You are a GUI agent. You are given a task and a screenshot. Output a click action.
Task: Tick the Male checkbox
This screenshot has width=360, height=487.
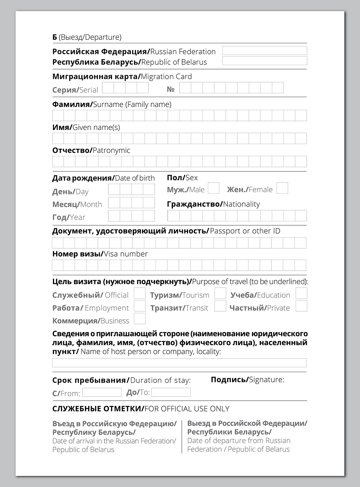click(214, 188)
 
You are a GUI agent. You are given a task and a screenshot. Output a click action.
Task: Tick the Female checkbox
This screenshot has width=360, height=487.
click(282, 188)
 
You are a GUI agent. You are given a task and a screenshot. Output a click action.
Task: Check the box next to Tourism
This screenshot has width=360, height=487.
click(220, 293)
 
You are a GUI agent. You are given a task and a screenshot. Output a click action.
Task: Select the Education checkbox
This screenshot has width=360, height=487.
click(301, 293)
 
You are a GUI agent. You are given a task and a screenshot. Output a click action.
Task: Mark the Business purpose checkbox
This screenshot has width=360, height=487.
click(140, 319)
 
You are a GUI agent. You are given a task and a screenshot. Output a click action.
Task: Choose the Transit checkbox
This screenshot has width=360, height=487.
click(220, 306)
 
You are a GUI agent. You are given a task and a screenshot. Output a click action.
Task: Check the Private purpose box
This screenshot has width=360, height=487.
click(301, 306)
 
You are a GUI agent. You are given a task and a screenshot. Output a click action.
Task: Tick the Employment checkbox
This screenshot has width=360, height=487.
click(140, 306)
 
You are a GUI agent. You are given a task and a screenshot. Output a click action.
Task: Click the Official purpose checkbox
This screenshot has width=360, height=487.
click(140, 293)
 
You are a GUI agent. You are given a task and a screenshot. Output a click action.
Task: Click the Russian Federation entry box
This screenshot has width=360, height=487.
click(265, 50)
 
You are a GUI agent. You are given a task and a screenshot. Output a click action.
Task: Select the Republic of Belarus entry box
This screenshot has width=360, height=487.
click(265, 60)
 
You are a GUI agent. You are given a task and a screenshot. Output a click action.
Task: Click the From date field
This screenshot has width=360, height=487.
click(102, 392)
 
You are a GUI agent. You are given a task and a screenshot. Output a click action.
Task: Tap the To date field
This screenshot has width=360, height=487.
click(171, 392)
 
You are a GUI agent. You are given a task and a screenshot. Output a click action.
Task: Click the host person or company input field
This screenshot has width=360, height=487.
click(179, 362)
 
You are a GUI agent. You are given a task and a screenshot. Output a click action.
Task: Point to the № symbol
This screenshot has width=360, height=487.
click(171, 89)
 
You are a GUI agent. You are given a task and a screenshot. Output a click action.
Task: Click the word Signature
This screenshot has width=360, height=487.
click(266, 379)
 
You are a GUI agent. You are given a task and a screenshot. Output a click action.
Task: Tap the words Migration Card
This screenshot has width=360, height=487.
click(166, 76)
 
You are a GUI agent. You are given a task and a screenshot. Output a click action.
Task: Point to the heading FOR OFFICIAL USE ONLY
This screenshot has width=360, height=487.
click(187, 409)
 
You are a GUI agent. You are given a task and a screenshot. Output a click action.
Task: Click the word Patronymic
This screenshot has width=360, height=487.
click(111, 150)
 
